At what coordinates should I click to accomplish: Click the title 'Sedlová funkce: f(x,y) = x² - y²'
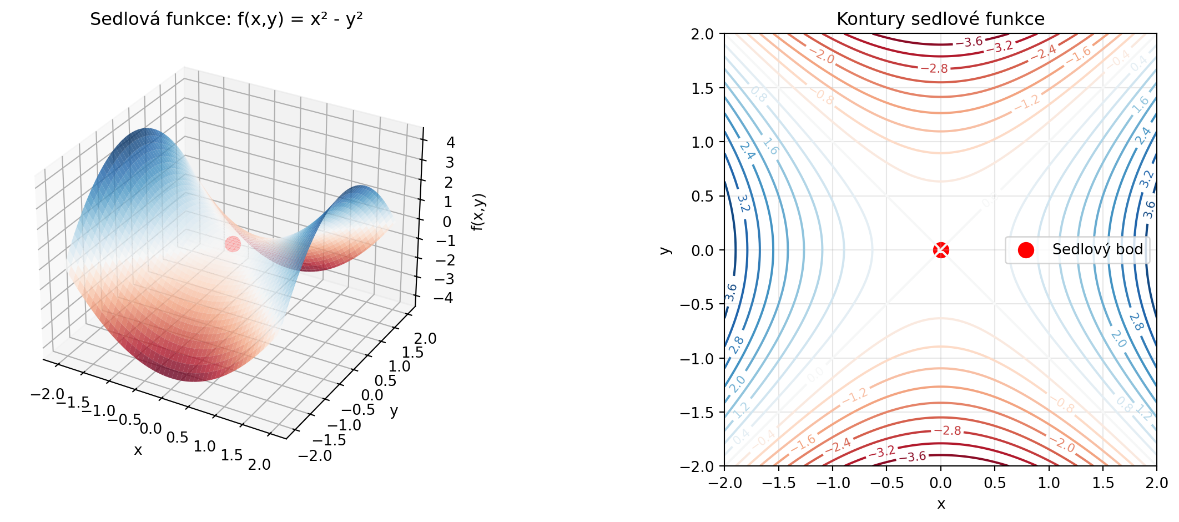click(x=226, y=19)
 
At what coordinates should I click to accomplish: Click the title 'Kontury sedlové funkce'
click(x=940, y=19)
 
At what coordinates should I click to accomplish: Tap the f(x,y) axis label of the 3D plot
click(x=478, y=212)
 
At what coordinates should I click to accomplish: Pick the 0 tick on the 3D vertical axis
click(x=447, y=222)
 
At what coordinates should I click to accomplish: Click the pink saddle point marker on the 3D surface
click(x=233, y=244)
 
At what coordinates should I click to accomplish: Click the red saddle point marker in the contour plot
click(x=941, y=250)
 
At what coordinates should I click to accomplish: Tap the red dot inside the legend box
click(x=1026, y=250)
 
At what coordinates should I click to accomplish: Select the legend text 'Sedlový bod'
click(x=1097, y=249)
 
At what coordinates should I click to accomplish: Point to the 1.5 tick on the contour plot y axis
click(x=702, y=88)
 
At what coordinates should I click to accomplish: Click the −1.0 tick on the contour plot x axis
click(x=832, y=483)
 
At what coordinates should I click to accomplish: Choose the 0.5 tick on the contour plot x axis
click(x=995, y=483)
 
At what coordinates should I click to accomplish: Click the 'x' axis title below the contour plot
click(x=941, y=504)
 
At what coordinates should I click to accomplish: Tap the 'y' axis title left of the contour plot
click(x=665, y=250)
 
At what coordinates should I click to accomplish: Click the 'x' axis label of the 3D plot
click(x=138, y=450)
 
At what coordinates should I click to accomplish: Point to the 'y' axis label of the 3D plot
click(x=394, y=411)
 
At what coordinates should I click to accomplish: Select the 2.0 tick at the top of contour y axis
click(x=702, y=34)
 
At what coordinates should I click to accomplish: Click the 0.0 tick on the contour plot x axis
click(x=941, y=483)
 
